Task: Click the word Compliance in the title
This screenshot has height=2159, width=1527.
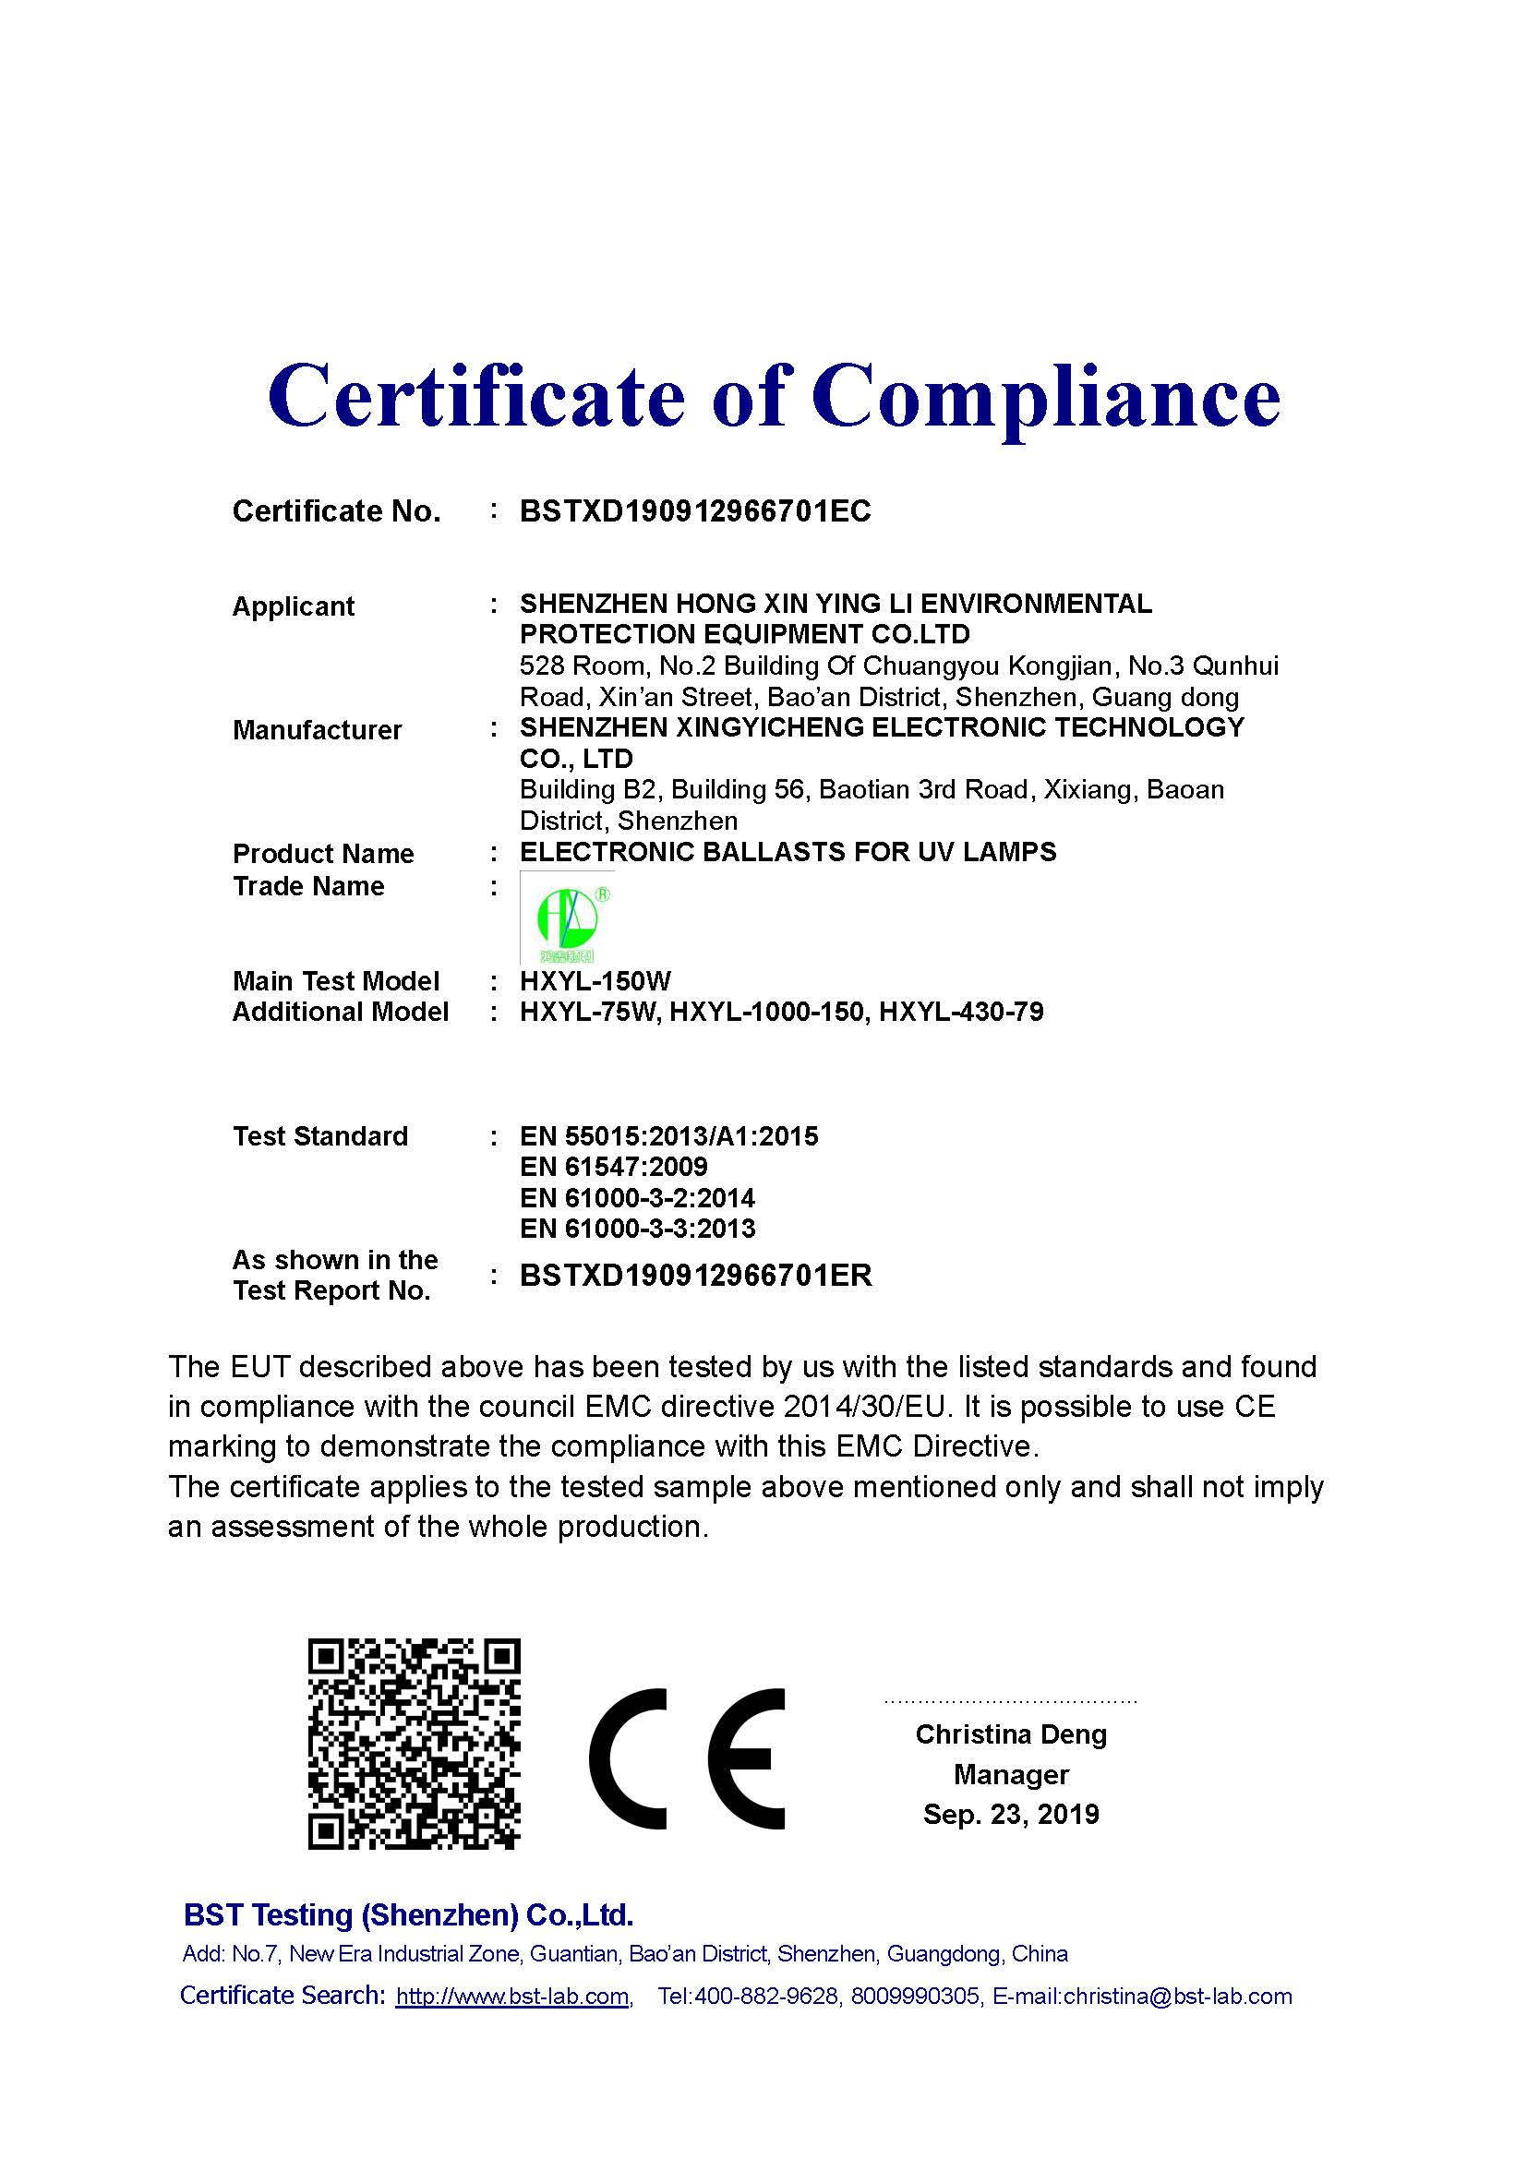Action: coord(1046,397)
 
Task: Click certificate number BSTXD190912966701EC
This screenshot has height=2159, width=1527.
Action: coord(695,511)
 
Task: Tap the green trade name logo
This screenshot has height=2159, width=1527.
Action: coord(566,917)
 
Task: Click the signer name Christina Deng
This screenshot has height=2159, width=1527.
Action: coord(1011,1734)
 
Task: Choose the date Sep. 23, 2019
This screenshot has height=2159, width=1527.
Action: coord(1011,1814)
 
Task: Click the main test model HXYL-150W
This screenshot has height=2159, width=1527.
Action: coord(595,982)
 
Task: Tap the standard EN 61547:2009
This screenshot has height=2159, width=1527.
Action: coord(613,1167)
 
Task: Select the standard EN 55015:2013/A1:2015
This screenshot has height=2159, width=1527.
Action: coord(668,1136)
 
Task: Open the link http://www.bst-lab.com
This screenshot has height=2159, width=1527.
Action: coord(512,1997)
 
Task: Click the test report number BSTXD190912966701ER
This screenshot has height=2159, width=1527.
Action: coord(696,1275)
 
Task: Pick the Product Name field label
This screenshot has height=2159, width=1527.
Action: coord(322,854)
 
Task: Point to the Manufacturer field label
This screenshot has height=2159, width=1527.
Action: coord(317,730)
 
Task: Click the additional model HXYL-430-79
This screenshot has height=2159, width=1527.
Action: coord(961,1012)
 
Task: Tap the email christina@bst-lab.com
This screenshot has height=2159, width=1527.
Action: coord(1177,1997)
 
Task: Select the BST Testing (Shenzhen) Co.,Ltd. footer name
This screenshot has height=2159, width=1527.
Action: coord(408,1914)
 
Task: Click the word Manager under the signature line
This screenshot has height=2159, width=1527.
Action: coord(1011,1774)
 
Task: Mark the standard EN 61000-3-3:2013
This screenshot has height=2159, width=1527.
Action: coord(638,1228)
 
